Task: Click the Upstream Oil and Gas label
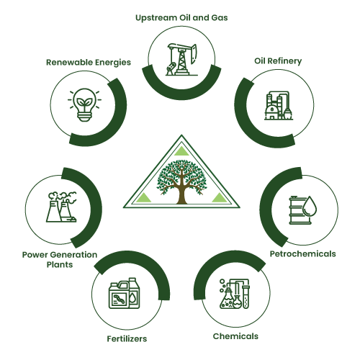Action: click(x=181, y=18)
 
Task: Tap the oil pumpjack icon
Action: click(x=181, y=59)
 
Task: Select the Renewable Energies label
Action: click(x=89, y=63)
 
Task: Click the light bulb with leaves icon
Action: click(x=84, y=105)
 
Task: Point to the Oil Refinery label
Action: click(x=278, y=61)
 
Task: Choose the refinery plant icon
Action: click(x=279, y=105)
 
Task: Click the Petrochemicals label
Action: click(x=303, y=253)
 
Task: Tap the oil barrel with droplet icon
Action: click(x=303, y=210)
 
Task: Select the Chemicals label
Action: click(x=235, y=336)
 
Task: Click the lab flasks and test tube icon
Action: click(x=235, y=294)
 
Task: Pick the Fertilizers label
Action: click(x=127, y=339)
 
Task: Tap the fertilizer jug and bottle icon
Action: click(x=124, y=293)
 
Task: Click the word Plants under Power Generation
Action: click(x=60, y=265)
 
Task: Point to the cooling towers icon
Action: click(x=61, y=207)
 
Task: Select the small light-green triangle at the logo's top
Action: click(x=181, y=151)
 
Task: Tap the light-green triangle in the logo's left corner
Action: click(x=143, y=198)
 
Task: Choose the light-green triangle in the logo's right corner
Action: click(x=220, y=198)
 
